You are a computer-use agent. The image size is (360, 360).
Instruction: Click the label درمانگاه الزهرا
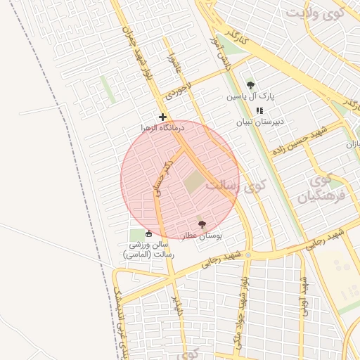(x=162, y=128)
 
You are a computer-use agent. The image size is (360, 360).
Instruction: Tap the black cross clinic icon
(x=162, y=117)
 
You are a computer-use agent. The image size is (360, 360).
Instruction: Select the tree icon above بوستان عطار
(x=202, y=224)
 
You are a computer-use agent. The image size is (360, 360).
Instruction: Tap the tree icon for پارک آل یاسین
(x=250, y=86)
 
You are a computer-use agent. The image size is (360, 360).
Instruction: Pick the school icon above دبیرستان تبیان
(x=259, y=110)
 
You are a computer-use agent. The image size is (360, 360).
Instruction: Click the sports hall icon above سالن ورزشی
(x=148, y=234)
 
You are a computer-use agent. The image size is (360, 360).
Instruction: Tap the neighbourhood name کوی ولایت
(x=315, y=13)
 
